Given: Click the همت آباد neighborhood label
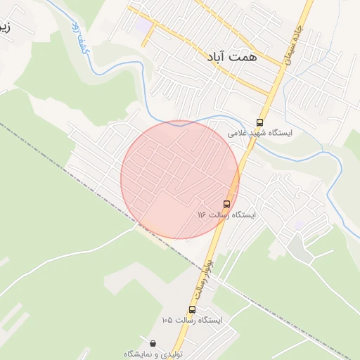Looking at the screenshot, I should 231,59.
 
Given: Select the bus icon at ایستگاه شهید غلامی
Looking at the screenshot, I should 260,122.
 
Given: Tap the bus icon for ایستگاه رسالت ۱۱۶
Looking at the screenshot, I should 226,204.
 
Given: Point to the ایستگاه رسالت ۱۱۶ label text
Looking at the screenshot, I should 226,214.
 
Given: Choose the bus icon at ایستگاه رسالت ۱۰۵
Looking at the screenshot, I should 192,309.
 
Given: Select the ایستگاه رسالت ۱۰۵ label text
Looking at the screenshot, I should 191,320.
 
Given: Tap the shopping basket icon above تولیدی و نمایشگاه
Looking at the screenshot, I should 153,344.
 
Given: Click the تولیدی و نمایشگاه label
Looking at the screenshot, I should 153,354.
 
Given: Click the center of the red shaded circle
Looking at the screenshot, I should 180,180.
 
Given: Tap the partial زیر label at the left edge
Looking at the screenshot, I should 6,28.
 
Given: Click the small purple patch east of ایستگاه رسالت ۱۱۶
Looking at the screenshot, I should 300,224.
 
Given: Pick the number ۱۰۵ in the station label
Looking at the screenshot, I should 167,320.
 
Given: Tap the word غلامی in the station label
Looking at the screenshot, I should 238,133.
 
